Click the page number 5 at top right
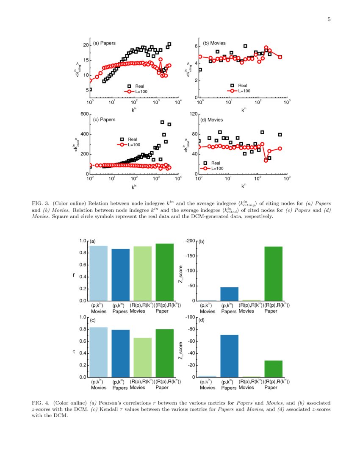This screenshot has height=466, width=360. (x=329, y=19)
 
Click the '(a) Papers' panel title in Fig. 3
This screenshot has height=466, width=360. (x=104, y=43)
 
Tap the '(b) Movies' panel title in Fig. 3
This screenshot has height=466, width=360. (x=214, y=43)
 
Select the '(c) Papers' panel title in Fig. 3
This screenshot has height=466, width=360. (x=104, y=119)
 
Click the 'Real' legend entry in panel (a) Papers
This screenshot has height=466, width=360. (x=139, y=86)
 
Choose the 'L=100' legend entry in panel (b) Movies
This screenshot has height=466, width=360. (x=244, y=91)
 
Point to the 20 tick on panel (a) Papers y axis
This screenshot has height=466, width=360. (x=85, y=45)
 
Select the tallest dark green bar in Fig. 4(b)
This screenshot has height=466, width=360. (x=273, y=273)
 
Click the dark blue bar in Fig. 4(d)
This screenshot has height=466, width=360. (x=229, y=356)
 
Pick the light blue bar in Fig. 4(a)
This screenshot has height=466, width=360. (x=99, y=273)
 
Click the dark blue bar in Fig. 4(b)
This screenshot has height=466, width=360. (x=229, y=294)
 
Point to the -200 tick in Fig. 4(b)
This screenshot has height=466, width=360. (x=191, y=241)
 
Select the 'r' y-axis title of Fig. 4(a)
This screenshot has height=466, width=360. (x=74, y=275)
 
